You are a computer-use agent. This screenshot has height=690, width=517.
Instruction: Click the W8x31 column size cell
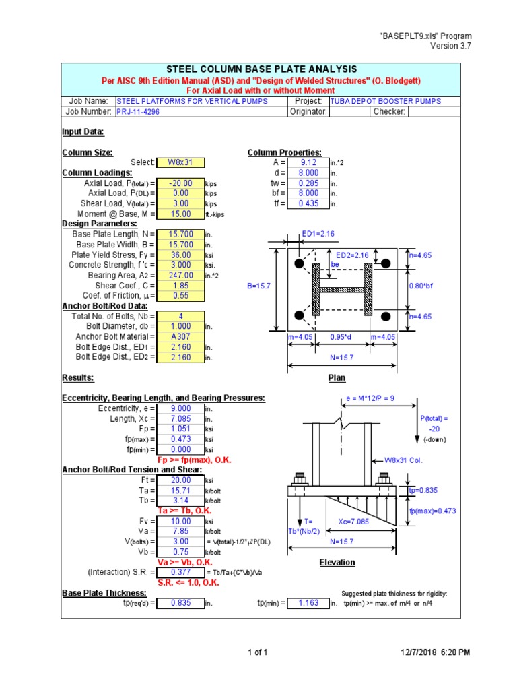(180, 162)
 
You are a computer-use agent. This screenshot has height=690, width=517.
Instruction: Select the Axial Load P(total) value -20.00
(180, 183)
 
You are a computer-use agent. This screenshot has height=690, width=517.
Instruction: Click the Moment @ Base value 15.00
(180, 214)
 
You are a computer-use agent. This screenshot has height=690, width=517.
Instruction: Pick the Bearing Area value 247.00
(180, 275)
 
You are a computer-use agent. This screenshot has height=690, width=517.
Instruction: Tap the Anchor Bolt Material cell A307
(180, 336)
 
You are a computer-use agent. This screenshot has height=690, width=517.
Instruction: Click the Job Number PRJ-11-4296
(138, 112)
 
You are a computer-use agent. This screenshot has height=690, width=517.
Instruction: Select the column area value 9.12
(308, 162)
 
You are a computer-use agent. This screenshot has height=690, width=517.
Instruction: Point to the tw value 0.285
(308, 183)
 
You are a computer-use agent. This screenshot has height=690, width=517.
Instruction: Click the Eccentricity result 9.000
(180, 408)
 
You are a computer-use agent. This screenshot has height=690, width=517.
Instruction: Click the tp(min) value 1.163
(308, 603)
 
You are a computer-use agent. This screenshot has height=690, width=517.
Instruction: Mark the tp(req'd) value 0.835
(180, 603)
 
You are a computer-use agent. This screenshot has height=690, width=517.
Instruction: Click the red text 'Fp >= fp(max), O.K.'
(195, 460)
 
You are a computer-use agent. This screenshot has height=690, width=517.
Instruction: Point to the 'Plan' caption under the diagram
(337, 378)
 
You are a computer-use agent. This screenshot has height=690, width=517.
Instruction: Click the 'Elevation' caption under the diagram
(337, 562)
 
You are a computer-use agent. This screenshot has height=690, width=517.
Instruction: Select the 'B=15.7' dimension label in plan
(259, 286)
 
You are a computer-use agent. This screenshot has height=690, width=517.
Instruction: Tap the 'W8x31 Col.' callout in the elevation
(403, 460)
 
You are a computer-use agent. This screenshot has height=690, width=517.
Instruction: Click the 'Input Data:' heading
(83, 132)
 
